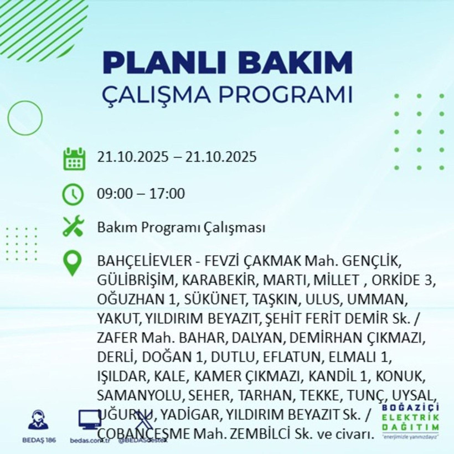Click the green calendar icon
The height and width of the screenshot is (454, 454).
click(x=74, y=158)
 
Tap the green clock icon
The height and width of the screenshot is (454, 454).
click(x=73, y=194)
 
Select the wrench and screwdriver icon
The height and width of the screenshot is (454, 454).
click(x=73, y=226)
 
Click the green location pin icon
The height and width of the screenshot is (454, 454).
click(x=73, y=264)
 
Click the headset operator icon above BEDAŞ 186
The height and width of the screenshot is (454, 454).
click(x=38, y=419)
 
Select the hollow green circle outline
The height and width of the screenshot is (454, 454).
click(x=25, y=117)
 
